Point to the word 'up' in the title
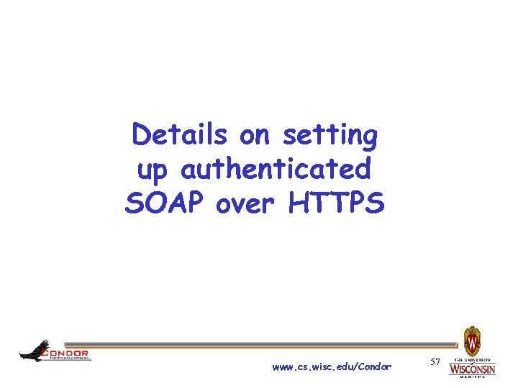153,171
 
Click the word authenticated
276,170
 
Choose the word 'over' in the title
247,204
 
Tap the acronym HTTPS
337,204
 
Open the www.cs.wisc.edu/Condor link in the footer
332,366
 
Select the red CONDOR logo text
66,353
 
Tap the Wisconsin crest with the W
472,340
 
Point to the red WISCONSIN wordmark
472,369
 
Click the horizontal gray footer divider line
259,345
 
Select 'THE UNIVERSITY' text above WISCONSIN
472,359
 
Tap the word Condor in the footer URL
375,366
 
